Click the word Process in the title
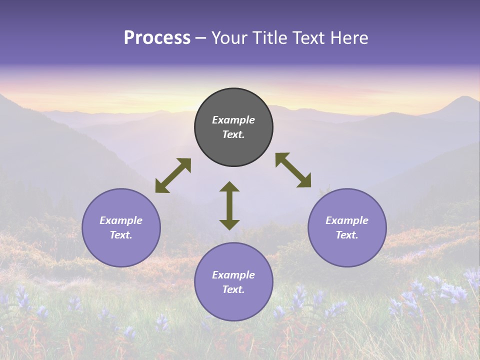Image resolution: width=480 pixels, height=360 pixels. click(157, 38)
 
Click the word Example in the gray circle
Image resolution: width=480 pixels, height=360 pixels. click(233, 120)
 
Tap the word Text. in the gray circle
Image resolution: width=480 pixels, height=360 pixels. click(233, 134)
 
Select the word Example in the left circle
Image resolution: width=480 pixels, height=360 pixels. click(121, 220)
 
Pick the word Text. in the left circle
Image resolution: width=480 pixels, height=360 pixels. click(121, 235)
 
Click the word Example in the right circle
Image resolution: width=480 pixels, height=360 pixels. click(347, 220)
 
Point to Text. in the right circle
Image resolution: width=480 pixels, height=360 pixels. click(347, 235)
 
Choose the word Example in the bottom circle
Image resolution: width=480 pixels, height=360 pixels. click(233, 275)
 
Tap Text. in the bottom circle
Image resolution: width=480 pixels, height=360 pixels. click(233, 289)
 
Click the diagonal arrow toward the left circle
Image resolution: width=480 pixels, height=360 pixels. click(173, 175)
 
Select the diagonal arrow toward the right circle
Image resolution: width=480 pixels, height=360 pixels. click(293, 170)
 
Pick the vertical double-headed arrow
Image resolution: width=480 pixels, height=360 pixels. click(229, 205)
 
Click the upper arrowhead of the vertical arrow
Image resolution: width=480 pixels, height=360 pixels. click(229, 186)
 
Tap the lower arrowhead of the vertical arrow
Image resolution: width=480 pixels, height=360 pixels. click(229, 224)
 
